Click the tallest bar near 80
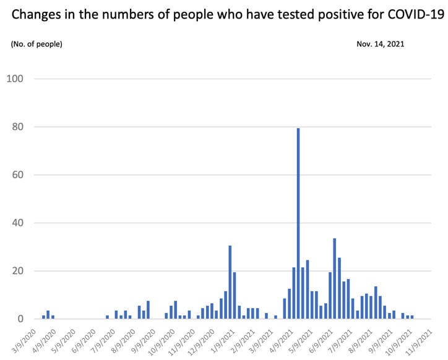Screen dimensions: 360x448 (x=298, y=223)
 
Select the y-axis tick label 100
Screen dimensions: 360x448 (x=15, y=79)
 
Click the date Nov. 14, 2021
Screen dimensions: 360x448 (x=381, y=44)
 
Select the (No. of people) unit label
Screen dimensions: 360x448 (x=37, y=44)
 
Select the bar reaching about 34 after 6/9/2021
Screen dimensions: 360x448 (x=335, y=278)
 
